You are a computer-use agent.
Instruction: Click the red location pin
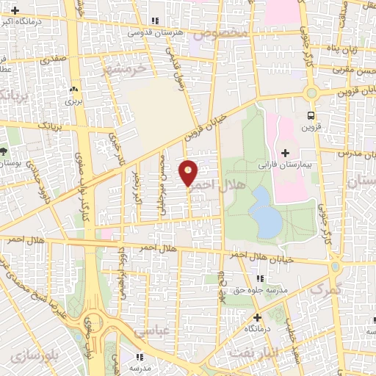[x=189, y=172]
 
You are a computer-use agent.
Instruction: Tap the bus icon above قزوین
[x=311, y=115]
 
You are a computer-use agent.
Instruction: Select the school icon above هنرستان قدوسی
[x=153, y=21]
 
